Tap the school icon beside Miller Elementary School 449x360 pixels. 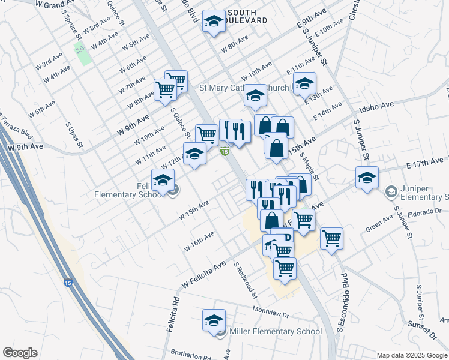[214, 321]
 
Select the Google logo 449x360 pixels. [20, 353]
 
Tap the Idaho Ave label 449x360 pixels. [376, 107]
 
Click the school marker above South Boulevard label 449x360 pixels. [213, 22]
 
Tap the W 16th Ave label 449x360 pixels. [199, 241]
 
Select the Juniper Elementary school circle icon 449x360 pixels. [391, 191]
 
